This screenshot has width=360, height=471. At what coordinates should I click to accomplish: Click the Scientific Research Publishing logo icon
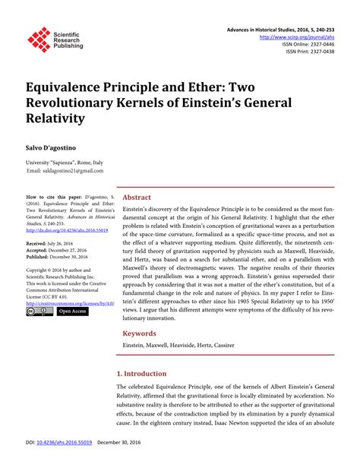[39, 39]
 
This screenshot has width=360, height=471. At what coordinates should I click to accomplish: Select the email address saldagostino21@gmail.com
[69, 172]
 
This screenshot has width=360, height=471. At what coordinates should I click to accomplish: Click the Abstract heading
[137, 198]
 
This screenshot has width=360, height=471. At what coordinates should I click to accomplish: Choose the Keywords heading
[141, 333]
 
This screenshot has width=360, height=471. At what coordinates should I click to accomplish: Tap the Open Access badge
[73, 311]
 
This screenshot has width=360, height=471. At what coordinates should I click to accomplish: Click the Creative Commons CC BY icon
[39, 311]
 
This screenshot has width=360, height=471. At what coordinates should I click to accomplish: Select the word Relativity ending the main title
[62, 118]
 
